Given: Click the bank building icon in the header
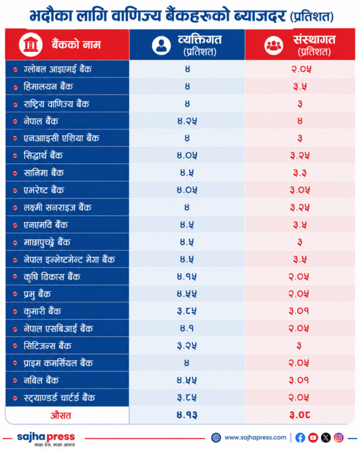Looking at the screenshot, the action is tap(30, 45).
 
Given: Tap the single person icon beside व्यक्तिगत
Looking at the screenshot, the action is tap(162, 45).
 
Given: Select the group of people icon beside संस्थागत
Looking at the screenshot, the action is tap(274, 45).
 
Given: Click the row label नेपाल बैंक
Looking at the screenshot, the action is tap(41, 121).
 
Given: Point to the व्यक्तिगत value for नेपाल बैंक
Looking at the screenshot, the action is tap(187, 121).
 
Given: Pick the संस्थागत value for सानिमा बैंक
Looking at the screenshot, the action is tap(300, 173).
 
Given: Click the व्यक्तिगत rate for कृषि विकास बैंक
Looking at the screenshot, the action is tap(187, 277).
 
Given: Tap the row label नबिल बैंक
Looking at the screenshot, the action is tap(41, 380).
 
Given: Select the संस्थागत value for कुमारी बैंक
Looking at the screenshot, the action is tap(299, 311).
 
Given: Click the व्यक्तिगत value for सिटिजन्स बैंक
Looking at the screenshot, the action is tap(187, 346).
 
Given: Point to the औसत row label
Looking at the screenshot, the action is tap(61, 415).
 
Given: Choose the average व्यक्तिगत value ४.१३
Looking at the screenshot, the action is tap(187, 415).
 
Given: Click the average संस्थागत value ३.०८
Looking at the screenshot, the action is tap(300, 415).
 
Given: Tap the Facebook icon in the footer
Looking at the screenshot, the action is tap(300, 438).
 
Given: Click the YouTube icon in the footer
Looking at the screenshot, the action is tap(313, 438).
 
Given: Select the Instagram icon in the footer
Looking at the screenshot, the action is tap(338, 438).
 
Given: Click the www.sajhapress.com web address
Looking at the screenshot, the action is tap(255, 438).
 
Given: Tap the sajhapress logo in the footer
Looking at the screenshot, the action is tap(46, 439).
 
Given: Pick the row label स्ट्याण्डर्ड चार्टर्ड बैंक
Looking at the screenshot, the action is tap(59, 398).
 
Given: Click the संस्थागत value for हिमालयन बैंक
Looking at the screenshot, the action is tap(300, 87).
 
